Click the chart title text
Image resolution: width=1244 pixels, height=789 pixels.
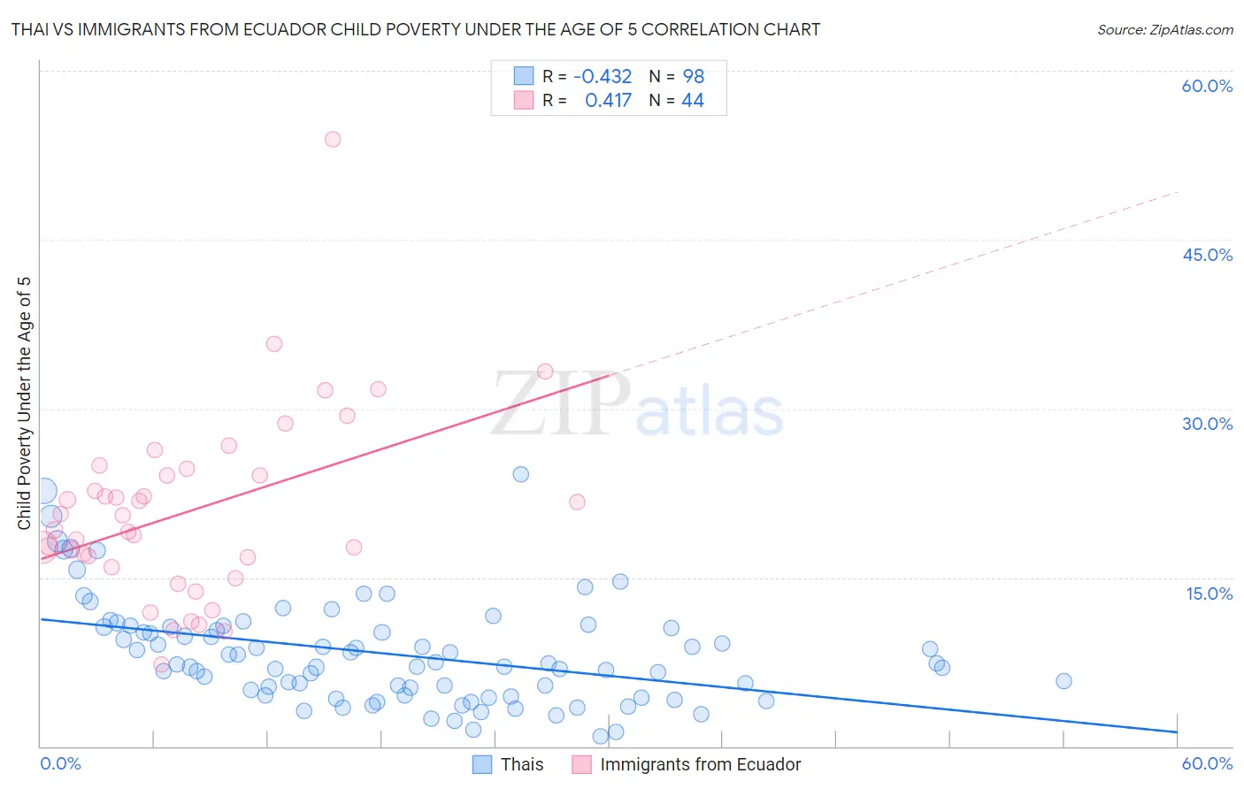(416, 29)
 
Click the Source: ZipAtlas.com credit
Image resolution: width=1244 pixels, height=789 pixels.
(1164, 29)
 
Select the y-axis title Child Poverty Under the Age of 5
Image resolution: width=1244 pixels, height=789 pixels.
(25, 403)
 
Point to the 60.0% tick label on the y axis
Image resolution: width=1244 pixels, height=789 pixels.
(1207, 86)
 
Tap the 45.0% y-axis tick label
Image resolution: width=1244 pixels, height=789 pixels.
(1207, 255)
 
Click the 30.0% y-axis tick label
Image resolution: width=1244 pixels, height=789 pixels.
(1207, 424)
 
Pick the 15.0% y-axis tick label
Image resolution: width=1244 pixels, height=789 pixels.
(1209, 593)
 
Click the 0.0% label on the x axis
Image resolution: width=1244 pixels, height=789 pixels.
(60, 763)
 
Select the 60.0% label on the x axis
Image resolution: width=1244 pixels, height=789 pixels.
(1207, 763)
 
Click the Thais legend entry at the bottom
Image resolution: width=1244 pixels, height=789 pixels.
(522, 764)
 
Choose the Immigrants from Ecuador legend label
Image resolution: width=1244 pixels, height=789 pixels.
(700, 764)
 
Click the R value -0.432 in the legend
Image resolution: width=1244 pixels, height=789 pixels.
(603, 76)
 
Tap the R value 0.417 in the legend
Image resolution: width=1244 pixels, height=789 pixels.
(608, 100)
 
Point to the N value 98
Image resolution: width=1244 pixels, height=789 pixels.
(693, 76)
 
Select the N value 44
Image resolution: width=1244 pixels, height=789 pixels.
(692, 100)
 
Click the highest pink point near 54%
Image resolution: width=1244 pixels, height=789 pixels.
(333, 139)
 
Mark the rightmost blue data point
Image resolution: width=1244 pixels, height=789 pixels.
(1064, 681)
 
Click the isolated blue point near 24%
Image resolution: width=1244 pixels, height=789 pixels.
(521, 474)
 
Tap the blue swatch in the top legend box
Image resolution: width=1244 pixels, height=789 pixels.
(524, 76)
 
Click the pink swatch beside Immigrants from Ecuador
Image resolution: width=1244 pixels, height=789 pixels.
(581, 764)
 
